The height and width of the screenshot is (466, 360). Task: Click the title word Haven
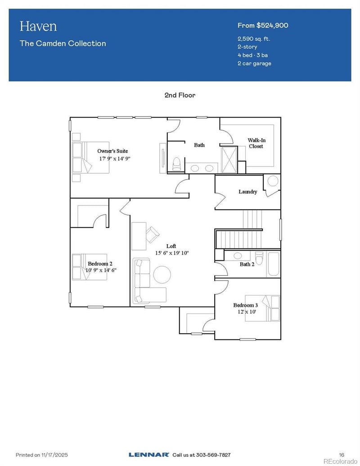click(x=38, y=26)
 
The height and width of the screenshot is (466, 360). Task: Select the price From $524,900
click(x=263, y=25)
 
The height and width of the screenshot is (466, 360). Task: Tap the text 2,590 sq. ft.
click(x=254, y=39)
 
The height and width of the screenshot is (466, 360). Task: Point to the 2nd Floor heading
click(x=180, y=95)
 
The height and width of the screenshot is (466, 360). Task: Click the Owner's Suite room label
click(x=112, y=151)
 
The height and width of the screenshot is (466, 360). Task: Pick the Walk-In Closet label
click(x=256, y=143)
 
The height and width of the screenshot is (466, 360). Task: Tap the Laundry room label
click(x=247, y=192)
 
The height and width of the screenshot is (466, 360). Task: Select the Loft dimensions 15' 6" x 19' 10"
click(x=171, y=253)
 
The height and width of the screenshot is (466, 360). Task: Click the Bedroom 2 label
click(x=100, y=263)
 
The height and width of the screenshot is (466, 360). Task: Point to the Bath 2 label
click(x=247, y=264)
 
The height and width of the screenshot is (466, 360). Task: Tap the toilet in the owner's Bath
click(x=176, y=163)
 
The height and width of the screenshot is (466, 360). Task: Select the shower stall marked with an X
click(x=229, y=159)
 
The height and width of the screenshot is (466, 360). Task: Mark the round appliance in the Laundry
click(x=273, y=181)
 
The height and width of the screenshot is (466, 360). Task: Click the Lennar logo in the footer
click(x=148, y=455)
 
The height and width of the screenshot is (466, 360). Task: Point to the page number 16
click(x=341, y=455)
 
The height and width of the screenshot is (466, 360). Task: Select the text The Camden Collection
click(x=63, y=44)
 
